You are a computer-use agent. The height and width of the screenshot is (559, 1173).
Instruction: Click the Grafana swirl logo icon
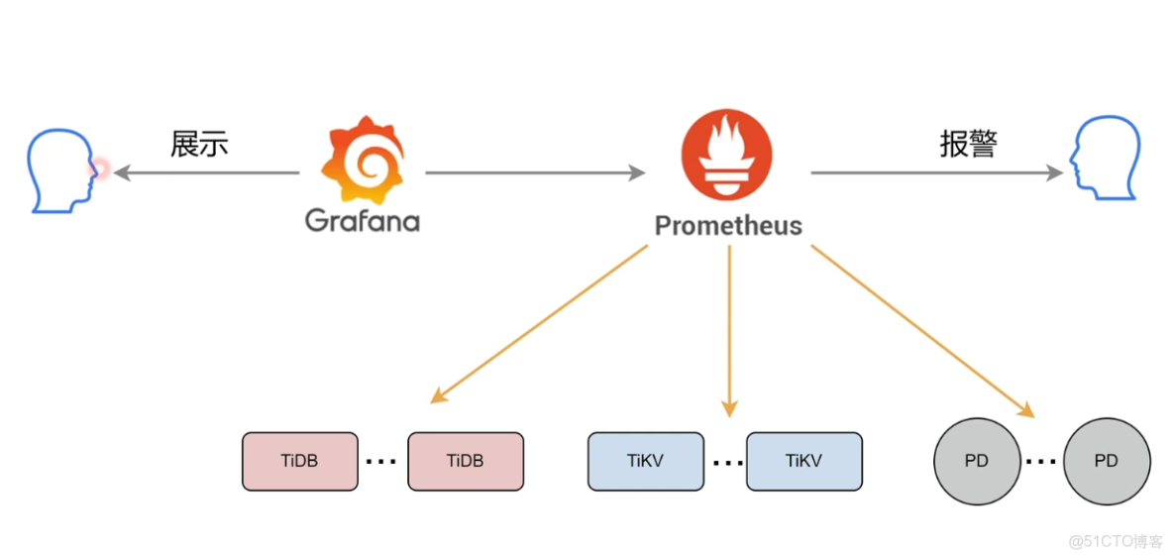tap(363, 160)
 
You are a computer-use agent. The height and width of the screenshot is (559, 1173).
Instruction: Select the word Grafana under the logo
tap(363, 220)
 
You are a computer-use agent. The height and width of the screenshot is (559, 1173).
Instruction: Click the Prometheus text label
tap(728, 226)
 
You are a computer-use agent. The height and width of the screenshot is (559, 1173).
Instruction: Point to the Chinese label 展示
tap(199, 145)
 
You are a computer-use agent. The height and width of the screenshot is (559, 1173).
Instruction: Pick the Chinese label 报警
tap(968, 145)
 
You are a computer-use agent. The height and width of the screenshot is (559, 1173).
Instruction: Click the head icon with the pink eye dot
tap(60, 169)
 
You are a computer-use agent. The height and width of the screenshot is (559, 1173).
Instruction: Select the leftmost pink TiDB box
tap(299, 461)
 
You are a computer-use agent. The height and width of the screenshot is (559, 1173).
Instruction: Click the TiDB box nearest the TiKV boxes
tap(466, 461)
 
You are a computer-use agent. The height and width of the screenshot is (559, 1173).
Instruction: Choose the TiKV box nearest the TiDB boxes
tap(645, 461)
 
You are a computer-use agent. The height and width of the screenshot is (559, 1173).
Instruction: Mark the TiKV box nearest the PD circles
tap(803, 461)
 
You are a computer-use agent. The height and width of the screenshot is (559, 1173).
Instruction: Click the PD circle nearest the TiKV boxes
tap(977, 461)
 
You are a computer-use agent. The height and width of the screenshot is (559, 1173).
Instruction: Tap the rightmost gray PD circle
tap(1107, 461)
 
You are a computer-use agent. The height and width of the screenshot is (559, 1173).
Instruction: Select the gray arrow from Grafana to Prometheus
tap(535, 173)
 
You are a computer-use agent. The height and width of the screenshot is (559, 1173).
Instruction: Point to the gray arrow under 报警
tap(936, 173)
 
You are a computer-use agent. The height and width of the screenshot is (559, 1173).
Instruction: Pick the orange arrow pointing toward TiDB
tap(540, 324)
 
